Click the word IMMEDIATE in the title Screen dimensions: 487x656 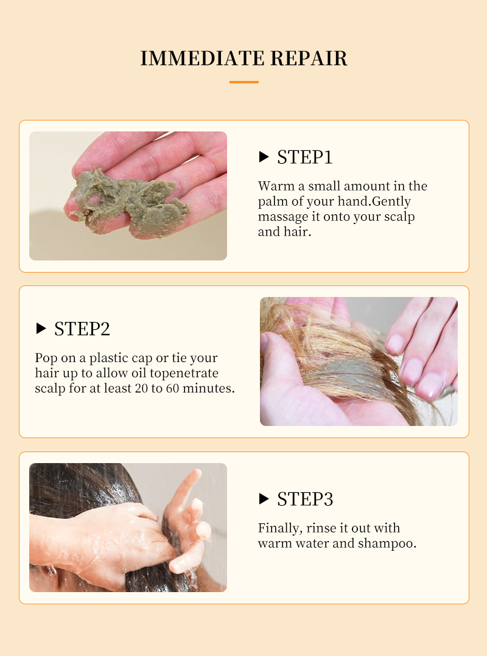pyautogui.click(x=202, y=58)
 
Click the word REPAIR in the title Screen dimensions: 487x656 pyautogui.click(x=309, y=58)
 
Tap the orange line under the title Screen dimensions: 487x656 pyautogui.click(x=244, y=82)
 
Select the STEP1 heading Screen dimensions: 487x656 pyautogui.click(x=304, y=157)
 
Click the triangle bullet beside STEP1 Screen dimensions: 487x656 pyautogui.click(x=264, y=157)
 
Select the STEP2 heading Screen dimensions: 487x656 pyautogui.click(x=82, y=329)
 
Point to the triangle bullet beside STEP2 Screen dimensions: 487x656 pyautogui.click(x=41, y=329)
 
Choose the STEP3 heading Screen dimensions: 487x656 pyautogui.click(x=305, y=499)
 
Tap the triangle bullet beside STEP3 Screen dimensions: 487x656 pyautogui.click(x=264, y=499)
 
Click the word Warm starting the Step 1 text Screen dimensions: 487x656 pyautogui.click(x=276, y=186)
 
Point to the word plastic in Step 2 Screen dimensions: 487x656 pyautogui.click(x=108, y=358)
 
